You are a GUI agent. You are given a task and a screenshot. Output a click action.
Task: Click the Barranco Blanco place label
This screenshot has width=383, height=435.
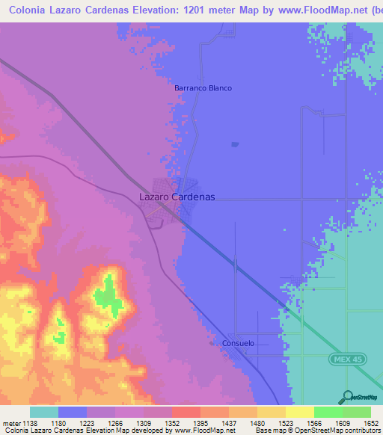(203, 88)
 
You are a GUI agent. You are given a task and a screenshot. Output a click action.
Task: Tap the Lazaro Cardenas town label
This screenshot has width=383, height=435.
(177, 197)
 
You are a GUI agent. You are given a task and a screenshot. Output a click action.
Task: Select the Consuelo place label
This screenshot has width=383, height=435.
(239, 344)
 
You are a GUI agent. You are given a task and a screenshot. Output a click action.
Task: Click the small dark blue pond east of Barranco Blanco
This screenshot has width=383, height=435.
(235, 144)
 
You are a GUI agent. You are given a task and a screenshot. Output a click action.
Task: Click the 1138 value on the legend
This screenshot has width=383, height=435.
(28, 422)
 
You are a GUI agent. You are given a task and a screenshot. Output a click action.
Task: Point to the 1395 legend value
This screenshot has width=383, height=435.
(199, 422)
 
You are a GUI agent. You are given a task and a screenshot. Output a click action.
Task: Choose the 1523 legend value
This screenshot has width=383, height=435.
(284, 422)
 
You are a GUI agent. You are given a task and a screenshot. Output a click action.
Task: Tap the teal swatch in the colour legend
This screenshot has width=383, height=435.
(44, 412)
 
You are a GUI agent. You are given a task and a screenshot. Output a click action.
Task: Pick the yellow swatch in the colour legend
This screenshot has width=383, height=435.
(300, 412)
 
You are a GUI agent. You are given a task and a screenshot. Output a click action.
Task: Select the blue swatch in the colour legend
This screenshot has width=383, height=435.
(73, 412)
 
